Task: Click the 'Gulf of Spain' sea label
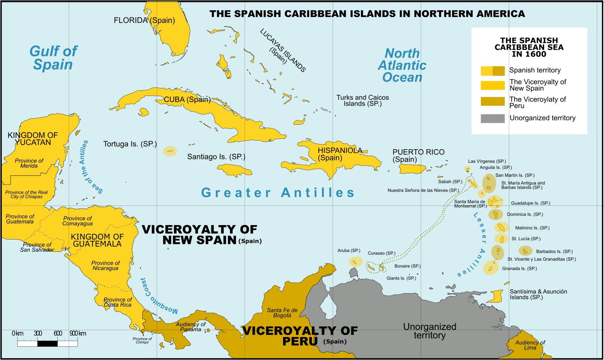(53, 58)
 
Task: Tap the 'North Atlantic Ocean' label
(402, 65)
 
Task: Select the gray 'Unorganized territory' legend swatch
(492, 118)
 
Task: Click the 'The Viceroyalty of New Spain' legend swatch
(492, 85)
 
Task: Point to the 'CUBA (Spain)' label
(187, 99)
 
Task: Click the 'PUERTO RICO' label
(418, 152)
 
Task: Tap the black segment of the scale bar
(47, 343)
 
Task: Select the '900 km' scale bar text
(78, 333)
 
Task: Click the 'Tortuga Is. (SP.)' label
(130, 144)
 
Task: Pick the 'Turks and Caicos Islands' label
(362, 100)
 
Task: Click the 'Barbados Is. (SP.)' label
(554, 251)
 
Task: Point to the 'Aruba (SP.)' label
(349, 250)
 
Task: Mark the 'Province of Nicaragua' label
(105, 266)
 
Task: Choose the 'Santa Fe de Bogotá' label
(282, 313)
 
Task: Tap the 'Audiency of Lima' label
(530, 345)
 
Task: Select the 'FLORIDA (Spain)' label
(144, 20)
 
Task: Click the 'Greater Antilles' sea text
(278, 193)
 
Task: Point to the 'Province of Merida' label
(29, 163)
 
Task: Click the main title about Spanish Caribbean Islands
(367, 14)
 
